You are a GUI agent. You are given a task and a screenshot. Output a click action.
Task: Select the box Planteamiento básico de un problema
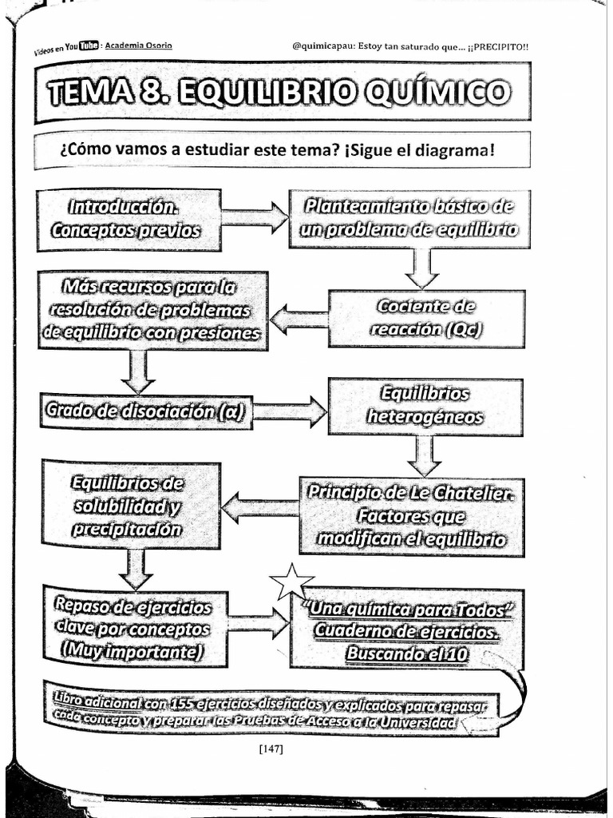(409, 218)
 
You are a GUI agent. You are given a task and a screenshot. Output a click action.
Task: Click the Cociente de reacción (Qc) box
(426, 318)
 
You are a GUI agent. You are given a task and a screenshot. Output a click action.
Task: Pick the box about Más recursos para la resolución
(152, 310)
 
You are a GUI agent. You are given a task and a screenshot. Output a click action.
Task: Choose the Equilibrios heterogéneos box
(425, 406)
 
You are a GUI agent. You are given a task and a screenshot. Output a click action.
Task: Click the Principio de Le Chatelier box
(412, 516)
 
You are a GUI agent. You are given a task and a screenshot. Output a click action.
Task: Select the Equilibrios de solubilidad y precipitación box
(129, 506)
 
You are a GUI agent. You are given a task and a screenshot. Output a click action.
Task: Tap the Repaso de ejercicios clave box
(134, 629)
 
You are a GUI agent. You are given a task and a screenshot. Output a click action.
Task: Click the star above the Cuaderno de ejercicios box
(291, 582)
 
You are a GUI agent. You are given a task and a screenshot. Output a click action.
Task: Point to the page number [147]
(271, 749)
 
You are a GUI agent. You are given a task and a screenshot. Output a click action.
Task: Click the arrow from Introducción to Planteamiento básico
(255, 217)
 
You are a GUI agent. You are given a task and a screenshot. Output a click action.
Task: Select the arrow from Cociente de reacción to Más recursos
(299, 320)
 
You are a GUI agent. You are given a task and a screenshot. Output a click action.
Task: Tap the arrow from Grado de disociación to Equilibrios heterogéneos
(289, 412)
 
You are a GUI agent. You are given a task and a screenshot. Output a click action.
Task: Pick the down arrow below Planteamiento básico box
(421, 268)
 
